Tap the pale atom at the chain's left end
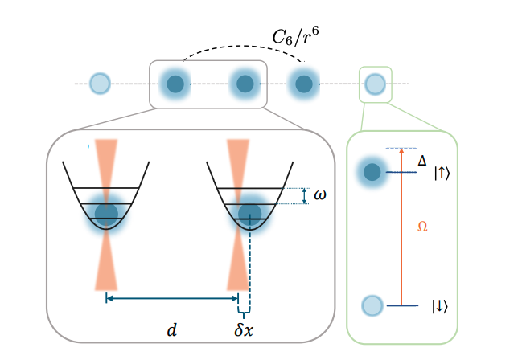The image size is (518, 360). (100, 83)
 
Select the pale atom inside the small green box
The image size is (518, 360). (375, 83)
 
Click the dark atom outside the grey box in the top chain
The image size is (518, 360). (303, 84)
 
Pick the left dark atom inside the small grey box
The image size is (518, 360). (175, 84)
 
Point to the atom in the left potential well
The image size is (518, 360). (106, 213)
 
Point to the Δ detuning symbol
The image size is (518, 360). (422, 162)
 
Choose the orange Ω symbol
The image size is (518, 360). (422, 227)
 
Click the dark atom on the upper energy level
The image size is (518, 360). (372, 172)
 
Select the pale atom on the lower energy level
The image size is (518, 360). (372, 305)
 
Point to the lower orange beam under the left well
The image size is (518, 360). (106, 265)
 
